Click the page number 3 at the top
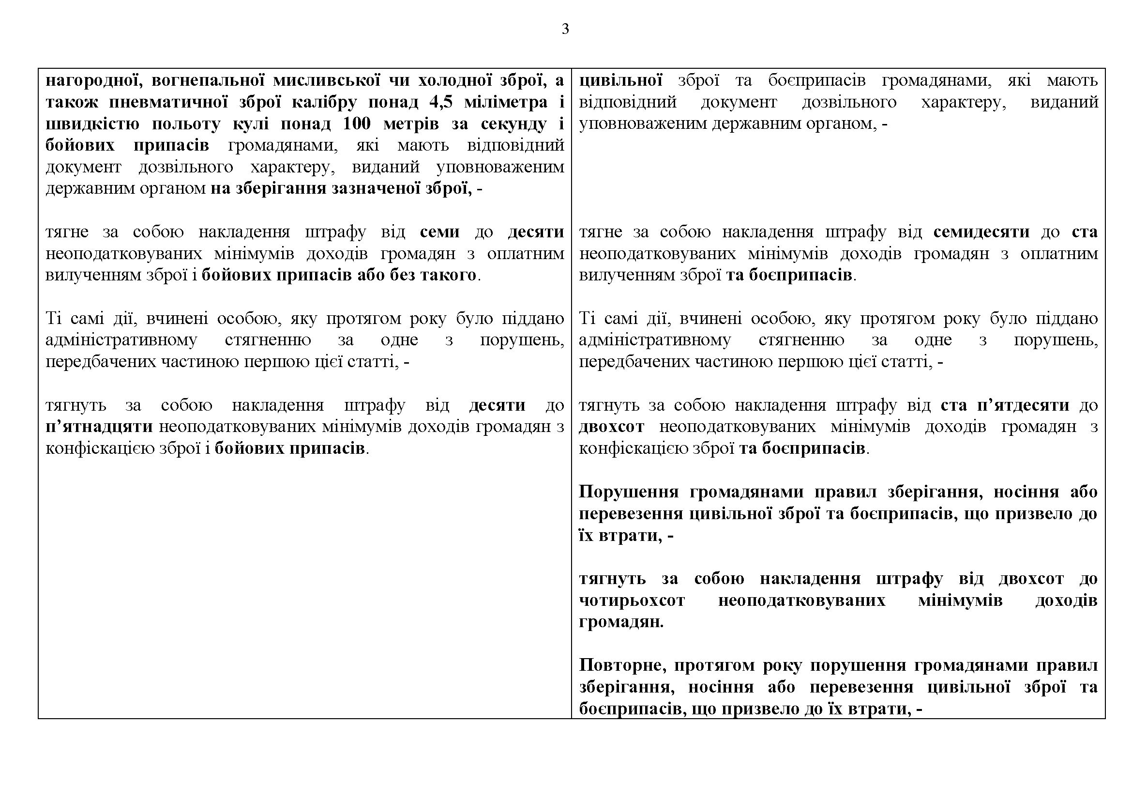(x=565, y=29)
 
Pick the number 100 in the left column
(x=357, y=124)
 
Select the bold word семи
(x=440, y=232)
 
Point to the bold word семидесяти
(x=981, y=232)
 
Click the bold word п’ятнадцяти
(x=99, y=427)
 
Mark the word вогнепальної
(x=209, y=80)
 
